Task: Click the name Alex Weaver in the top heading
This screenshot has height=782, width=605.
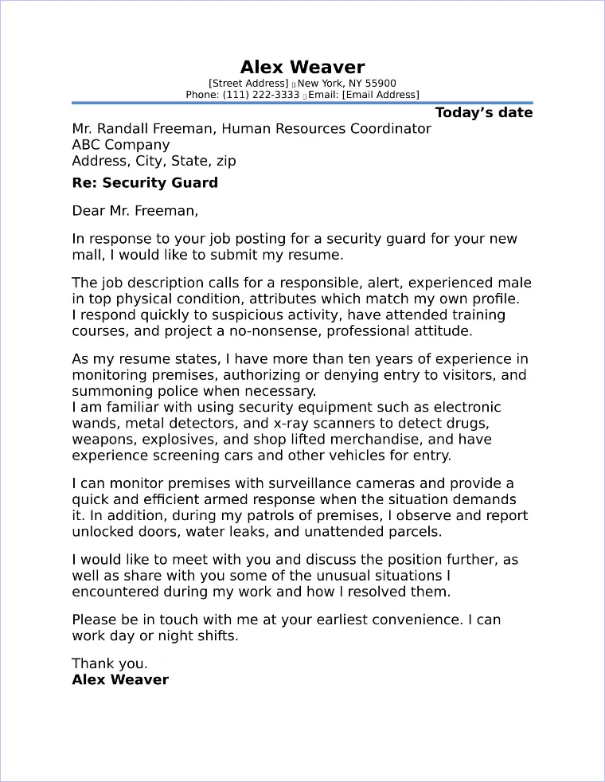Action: coord(302,67)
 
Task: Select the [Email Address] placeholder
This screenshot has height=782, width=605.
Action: coord(380,95)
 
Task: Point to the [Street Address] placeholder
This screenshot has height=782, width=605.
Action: coord(248,83)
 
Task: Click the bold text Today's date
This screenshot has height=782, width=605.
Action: coord(483,112)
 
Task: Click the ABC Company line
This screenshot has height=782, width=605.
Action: coord(120,145)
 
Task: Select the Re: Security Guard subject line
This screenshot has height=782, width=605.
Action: coord(144,183)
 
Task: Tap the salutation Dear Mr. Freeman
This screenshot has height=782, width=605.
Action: coord(135,211)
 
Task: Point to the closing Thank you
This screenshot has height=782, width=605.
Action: coord(109,663)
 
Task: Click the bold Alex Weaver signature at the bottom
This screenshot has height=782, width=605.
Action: coord(120,680)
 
